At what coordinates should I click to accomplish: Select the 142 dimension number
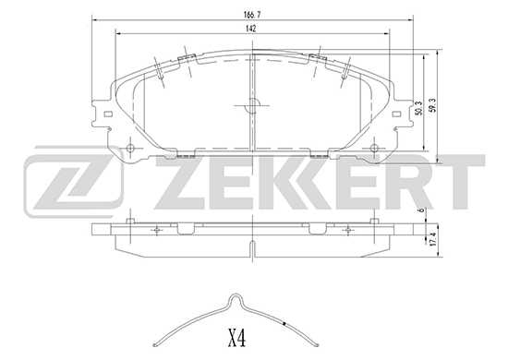tap(250, 30)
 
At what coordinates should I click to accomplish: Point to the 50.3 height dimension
tap(418, 108)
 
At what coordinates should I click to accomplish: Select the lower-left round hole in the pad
tap(130, 148)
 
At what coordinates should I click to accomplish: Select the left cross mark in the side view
tap(158, 229)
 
